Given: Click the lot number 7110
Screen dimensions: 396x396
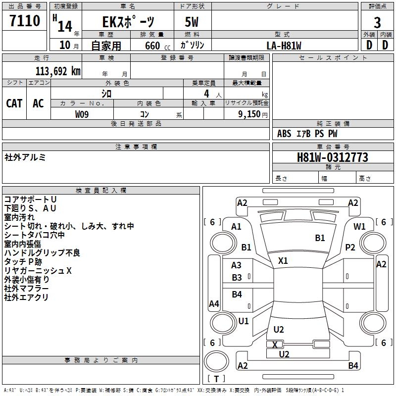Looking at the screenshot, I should (25, 21).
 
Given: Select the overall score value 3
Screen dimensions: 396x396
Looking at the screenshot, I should (377, 22).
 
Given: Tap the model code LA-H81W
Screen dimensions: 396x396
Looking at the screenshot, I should (284, 45).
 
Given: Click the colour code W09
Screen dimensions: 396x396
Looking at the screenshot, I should (82, 114).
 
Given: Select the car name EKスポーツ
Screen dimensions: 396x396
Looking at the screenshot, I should (128, 22).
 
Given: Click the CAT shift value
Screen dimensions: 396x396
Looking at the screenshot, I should (14, 103).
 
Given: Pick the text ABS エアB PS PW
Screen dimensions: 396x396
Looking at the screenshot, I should (307, 133).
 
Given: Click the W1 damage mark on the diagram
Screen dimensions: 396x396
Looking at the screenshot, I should (360, 226).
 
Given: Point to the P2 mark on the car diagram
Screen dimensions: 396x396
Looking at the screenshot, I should (350, 247).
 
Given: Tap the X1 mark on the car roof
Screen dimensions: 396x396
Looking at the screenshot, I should (283, 260).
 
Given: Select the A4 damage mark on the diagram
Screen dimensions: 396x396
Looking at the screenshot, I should (214, 304).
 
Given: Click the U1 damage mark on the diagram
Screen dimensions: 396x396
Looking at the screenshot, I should (244, 321).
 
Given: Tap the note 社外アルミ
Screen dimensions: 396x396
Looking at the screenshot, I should (25, 157).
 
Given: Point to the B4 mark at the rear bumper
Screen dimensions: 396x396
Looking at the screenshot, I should (353, 366).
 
